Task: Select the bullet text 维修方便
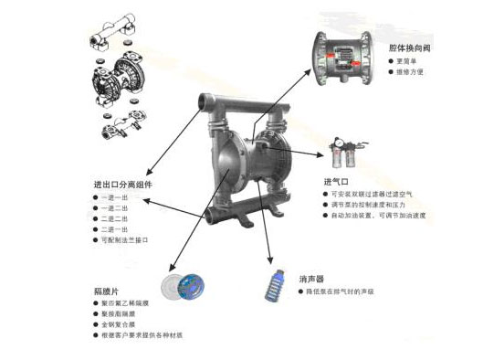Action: (x=411, y=70)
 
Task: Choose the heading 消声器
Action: (x=310, y=278)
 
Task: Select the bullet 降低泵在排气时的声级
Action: (x=342, y=291)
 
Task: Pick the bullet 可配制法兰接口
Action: (x=124, y=240)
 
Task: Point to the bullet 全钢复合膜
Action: (x=119, y=324)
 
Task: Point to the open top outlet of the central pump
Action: (x=207, y=100)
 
